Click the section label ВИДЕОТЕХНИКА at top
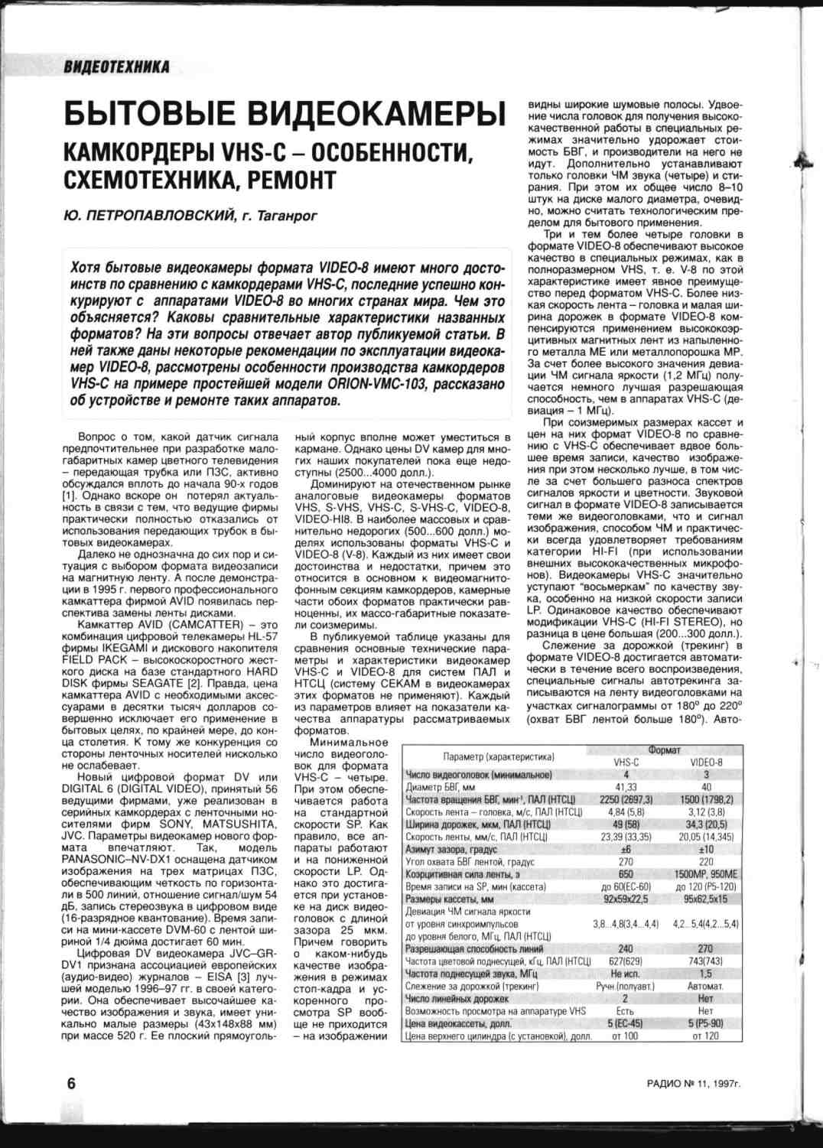(x=117, y=67)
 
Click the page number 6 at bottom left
(x=71, y=1084)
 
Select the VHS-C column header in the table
(x=626, y=763)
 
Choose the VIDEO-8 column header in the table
(x=705, y=763)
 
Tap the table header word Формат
(x=664, y=750)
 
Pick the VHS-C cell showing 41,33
(x=626, y=786)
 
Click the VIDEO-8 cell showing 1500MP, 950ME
(x=705, y=873)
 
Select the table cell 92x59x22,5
(x=626, y=899)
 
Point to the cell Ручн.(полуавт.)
(x=626, y=986)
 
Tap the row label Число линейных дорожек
(x=457, y=998)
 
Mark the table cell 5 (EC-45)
(x=626, y=1023)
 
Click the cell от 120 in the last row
(x=705, y=1036)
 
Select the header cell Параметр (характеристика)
(x=498, y=756)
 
